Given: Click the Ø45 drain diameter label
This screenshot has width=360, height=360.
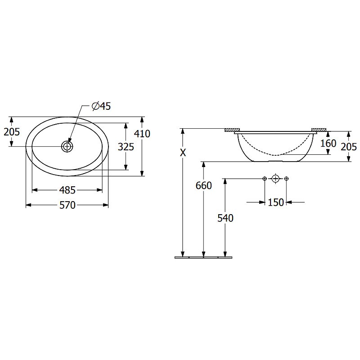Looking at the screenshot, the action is click(x=101, y=106).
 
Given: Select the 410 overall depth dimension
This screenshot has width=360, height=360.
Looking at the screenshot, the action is click(x=142, y=134).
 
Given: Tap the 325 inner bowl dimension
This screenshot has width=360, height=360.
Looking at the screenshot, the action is click(x=126, y=147).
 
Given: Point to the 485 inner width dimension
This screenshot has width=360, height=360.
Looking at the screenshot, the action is click(x=67, y=190).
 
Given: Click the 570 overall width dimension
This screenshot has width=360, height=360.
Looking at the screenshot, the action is click(x=67, y=205).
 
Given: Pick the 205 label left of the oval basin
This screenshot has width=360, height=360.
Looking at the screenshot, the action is click(x=12, y=132).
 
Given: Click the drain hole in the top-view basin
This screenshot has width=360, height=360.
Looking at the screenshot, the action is click(x=67, y=146).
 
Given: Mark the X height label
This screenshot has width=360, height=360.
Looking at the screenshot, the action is click(x=183, y=153).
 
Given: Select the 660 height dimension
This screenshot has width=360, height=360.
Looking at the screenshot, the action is click(x=204, y=185).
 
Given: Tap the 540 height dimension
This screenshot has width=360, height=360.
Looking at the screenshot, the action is click(x=225, y=218).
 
